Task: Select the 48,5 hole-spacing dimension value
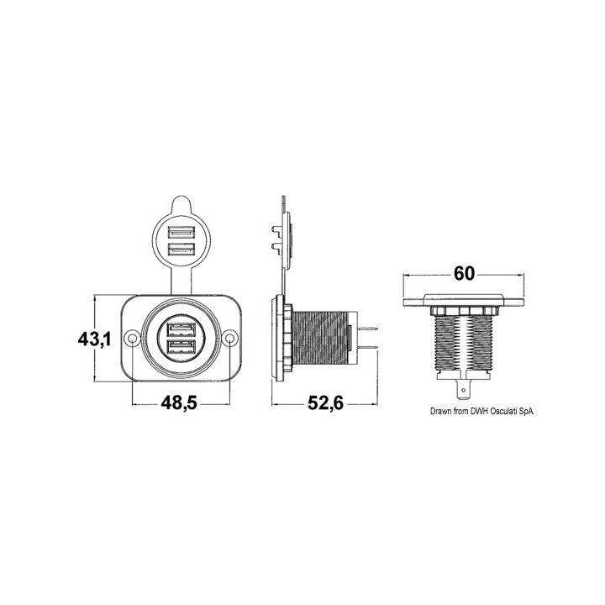click(177, 402)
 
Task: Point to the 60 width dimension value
click(465, 273)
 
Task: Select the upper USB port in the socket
click(181, 329)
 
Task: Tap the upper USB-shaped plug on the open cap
click(180, 233)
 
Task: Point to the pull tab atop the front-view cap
click(180, 207)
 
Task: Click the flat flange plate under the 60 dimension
click(465, 303)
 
